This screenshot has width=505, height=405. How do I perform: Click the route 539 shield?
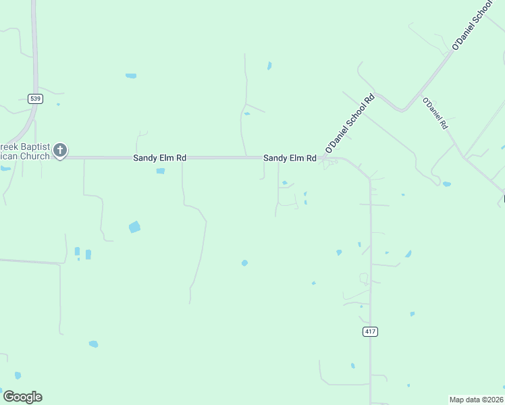(36, 99)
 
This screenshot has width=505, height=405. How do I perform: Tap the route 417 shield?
(370, 331)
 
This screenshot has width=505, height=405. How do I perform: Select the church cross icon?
(60, 150)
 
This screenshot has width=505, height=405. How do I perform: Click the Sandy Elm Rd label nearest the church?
(159, 158)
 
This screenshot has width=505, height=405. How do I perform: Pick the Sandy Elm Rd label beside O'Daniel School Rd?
(290, 158)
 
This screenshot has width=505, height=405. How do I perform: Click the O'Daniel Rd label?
(435, 113)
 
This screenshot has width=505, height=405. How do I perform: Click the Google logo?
(22, 397)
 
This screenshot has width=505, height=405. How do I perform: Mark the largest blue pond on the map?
(134, 227)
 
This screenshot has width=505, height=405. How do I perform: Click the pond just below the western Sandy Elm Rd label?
(161, 171)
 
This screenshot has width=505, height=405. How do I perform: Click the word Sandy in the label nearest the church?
(144, 158)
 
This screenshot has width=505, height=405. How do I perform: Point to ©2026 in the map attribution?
(494, 399)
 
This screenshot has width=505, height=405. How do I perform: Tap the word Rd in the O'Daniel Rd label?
(443, 124)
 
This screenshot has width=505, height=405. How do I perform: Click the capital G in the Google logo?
(9, 396)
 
